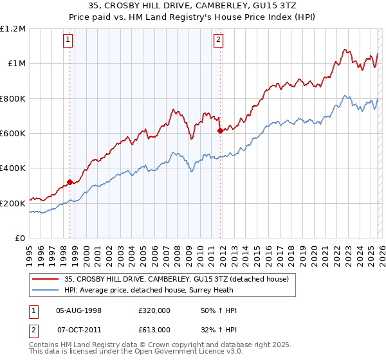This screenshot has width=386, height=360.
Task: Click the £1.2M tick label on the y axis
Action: click(x=13, y=29)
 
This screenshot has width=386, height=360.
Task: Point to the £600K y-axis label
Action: click(x=13, y=134)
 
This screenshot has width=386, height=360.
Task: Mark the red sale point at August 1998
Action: click(x=69, y=182)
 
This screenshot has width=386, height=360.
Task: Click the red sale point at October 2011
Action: click(x=220, y=130)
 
